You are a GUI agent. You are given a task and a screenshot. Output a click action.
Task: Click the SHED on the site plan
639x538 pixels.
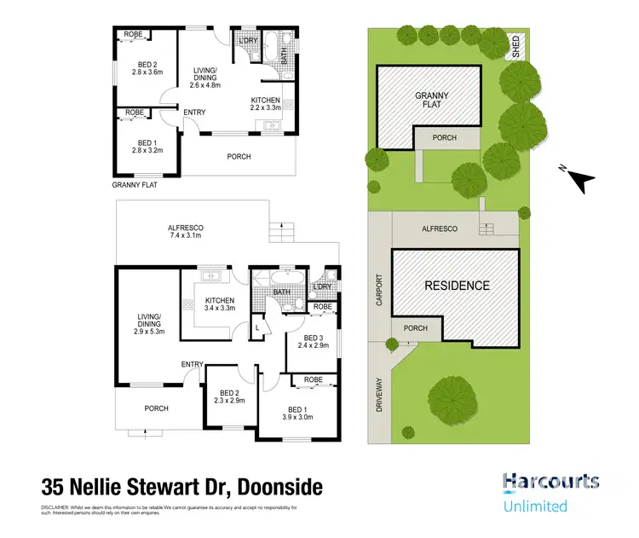point(515,46)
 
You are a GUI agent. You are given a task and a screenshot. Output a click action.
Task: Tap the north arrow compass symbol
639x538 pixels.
point(579,179)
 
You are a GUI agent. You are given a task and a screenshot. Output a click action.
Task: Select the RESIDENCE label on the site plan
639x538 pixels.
point(458,286)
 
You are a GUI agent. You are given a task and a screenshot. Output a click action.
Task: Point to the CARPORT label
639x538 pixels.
point(380,290)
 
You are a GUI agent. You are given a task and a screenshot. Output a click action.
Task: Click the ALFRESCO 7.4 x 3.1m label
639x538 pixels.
point(191,233)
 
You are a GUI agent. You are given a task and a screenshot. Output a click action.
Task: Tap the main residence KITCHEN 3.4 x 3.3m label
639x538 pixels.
point(219,305)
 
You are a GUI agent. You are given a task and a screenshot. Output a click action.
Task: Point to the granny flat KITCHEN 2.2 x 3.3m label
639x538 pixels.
point(264,103)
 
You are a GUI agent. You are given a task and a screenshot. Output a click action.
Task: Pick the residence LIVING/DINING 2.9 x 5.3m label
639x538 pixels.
point(148,327)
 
